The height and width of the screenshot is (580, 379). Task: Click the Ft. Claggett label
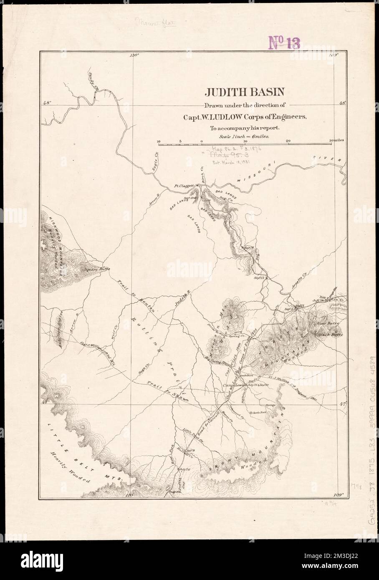pyautogui.click(x=183, y=187)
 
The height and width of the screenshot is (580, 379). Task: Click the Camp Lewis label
pyautogui.click(x=232, y=385)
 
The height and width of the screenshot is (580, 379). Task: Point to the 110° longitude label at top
pyautogui.click(x=134, y=55)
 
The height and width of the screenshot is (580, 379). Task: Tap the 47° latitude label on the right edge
pyautogui.click(x=343, y=403)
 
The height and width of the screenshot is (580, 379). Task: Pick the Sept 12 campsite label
pyautogui.click(x=259, y=277)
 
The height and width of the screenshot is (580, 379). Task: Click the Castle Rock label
pyautogui.click(x=259, y=412)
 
